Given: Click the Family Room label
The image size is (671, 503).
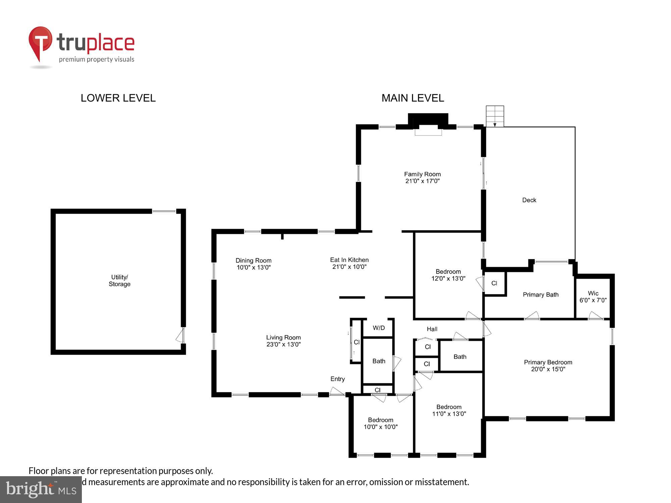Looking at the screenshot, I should point(422,174).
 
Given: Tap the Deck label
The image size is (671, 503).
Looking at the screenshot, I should point(529,200).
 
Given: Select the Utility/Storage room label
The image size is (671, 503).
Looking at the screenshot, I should point(119,281).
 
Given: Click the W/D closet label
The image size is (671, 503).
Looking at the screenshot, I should point(378,328).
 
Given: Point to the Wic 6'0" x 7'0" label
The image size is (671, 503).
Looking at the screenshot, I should point(593,297).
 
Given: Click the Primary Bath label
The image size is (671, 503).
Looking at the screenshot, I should point(540,295).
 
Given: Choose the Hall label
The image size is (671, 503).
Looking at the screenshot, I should point(432,329).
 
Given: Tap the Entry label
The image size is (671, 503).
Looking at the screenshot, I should point(337,379).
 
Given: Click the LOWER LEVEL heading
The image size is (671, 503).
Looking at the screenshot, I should point(118,98).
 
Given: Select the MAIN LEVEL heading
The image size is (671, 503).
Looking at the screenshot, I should point(413,98).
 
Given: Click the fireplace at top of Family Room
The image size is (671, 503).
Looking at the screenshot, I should point(428,124).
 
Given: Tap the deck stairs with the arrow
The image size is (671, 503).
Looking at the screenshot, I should point(495,116).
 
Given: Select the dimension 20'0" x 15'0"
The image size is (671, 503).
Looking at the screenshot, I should point(548,370).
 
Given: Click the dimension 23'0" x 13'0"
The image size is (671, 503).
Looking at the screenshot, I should point(283,345).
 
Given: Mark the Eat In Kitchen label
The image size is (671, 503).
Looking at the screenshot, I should point(349,260).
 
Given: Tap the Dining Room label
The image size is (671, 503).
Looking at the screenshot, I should point(253,261).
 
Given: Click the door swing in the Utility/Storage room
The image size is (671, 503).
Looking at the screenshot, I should point(180,335).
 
